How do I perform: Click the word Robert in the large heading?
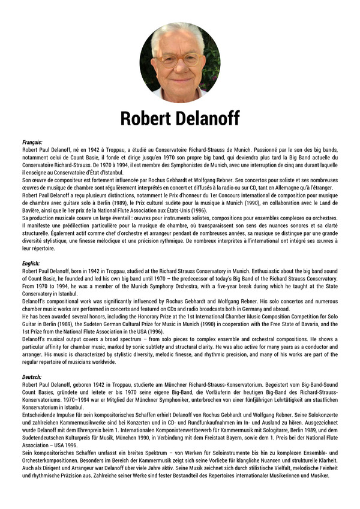[x=146, y=118]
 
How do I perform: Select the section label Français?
[x=32, y=142]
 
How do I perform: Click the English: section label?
[x=31, y=263]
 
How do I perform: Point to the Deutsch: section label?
[x=32, y=376]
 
